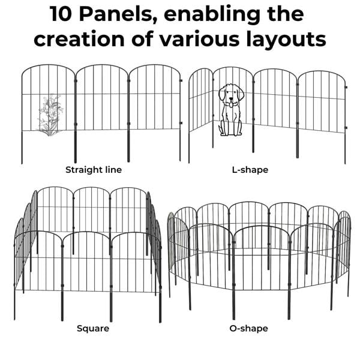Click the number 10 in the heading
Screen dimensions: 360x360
64,14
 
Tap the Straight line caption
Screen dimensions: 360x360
94,170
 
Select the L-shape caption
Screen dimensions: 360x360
250,170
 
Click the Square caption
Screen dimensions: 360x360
93,328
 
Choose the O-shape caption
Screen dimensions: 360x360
248,328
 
